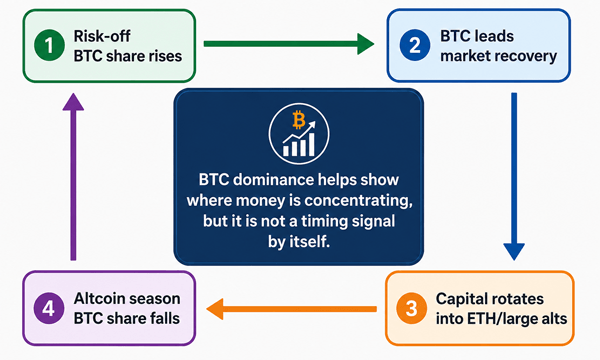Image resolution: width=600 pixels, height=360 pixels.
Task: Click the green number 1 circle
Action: (49, 46)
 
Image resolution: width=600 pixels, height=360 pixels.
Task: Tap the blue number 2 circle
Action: (415, 46)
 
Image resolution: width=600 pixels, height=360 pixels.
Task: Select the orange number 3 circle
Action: (411, 308)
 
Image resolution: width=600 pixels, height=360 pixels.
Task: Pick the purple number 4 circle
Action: (49, 308)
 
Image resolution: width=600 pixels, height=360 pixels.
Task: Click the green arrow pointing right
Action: (289, 44)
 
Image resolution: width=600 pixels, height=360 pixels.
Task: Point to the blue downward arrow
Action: (514, 176)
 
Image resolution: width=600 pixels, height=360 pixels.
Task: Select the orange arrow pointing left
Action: (292, 309)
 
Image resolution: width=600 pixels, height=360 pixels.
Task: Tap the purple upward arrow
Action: (73, 176)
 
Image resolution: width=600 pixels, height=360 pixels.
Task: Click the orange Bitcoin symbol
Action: (298, 120)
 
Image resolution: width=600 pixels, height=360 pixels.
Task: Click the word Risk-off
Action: (102, 36)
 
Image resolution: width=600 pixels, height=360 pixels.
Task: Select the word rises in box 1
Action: (165, 56)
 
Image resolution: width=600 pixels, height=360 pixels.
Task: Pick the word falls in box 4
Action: (164, 319)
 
